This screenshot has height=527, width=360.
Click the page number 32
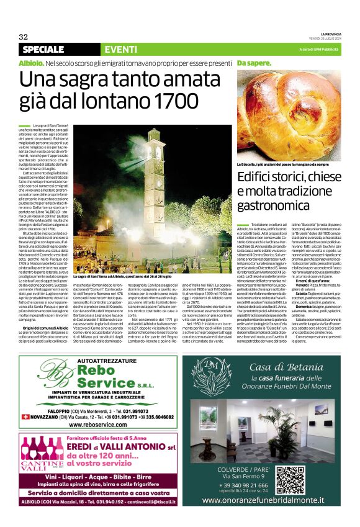coord(23,37)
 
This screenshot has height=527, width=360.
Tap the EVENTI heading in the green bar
coord(121,50)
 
